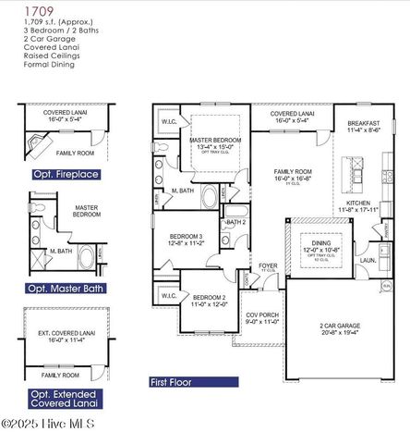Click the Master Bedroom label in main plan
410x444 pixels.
point(218,142)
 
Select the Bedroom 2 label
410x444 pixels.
point(209,300)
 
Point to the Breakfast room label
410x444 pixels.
point(364,127)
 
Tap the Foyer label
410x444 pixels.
point(269,266)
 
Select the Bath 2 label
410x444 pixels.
point(236,222)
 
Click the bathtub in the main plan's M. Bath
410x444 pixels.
point(209,197)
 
